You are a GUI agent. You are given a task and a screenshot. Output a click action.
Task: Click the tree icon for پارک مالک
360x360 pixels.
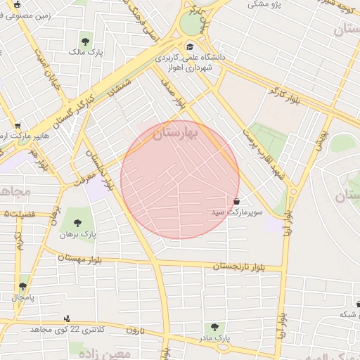(x=86, y=41)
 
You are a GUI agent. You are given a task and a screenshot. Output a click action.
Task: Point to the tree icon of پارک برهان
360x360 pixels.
(x=77, y=223)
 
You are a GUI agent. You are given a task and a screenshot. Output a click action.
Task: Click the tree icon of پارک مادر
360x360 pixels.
(x=214, y=327)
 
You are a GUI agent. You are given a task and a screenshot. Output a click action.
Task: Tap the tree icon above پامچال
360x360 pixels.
(x=23, y=286)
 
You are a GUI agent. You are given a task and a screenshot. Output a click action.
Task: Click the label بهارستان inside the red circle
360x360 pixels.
(x=176, y=132)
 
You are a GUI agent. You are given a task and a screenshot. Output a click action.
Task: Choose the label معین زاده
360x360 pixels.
(x=105, y=352)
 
